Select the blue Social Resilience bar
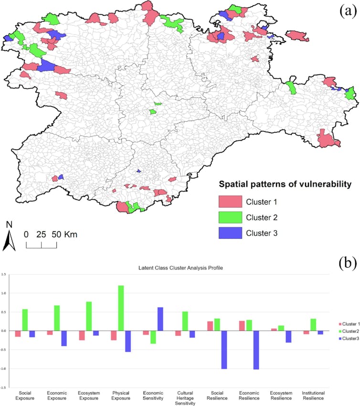pos(224,350)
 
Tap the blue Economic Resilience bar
pos(256,350)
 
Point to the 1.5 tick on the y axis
pos(5,275)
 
